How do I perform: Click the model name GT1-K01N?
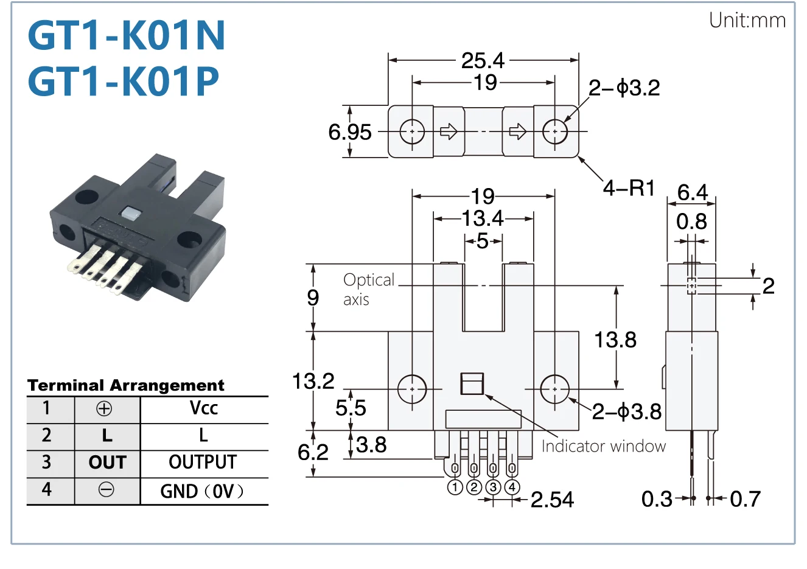(127, 35)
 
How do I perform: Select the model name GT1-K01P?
(123, 81)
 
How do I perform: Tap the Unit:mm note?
(747, 21)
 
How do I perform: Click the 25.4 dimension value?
(483, 60)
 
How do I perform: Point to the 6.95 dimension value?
(349, 132)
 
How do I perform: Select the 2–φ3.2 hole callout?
(624, 88)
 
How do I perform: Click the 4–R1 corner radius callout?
(629, 188)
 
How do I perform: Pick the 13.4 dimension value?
(483, 218)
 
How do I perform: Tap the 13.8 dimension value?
(615, 340)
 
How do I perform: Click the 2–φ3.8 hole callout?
(627, 411)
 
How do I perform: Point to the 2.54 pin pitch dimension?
(552, 500)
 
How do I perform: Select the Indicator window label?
(604, 447)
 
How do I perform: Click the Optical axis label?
(369, 289)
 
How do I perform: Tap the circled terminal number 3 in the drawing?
(493, 487)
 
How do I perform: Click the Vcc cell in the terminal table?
(204, 408)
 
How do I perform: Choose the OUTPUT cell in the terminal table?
(203, 462)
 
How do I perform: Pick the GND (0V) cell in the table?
(202, 491)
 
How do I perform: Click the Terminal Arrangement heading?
(126, 385)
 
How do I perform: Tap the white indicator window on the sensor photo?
(130, 213)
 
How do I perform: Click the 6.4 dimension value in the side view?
(693, 192)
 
